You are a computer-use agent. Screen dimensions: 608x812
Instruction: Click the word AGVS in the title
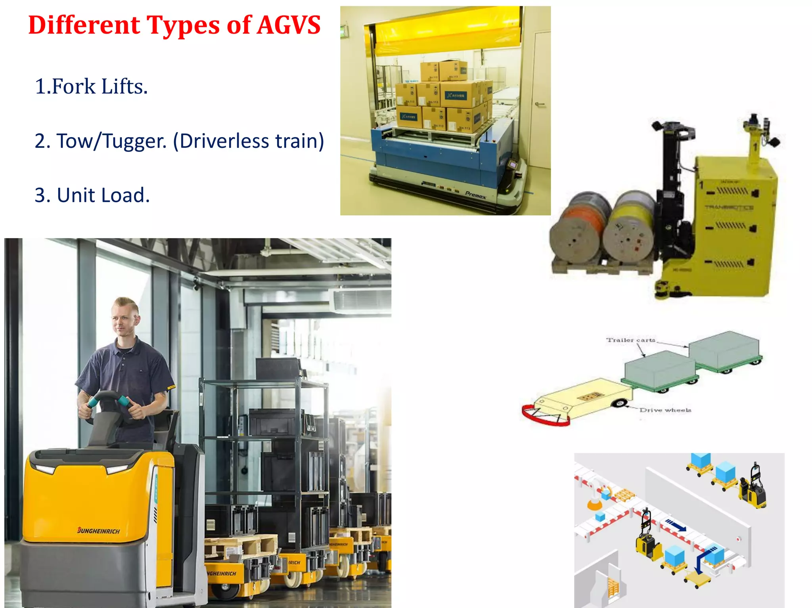click(289, 25)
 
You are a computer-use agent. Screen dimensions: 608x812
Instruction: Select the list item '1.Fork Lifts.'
click(91, 86)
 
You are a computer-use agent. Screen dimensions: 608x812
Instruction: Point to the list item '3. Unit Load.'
click(92, 195)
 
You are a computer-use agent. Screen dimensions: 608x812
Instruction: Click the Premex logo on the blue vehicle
click(475, 195)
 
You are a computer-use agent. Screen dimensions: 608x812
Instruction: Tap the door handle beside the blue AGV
click(540, 105)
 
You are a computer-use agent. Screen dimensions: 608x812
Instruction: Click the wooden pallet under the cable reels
click(603, 266)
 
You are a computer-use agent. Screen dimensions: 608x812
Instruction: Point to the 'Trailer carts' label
click(630, 340)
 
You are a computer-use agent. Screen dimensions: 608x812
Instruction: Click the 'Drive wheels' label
click(665, 410)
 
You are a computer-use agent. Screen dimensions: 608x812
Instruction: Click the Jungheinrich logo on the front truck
click(99, 531)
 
